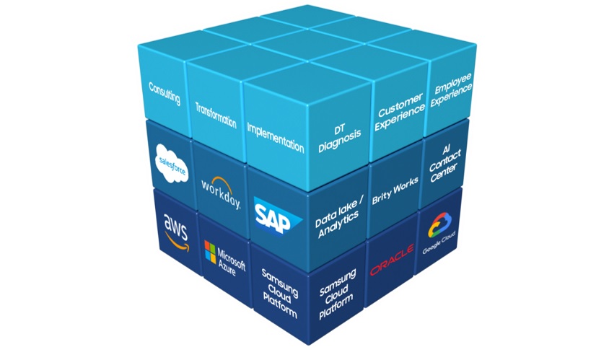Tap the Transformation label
tap(216, 115)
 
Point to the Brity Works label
tap(390, 197)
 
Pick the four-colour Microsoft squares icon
tap(211, 253)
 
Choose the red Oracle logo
tap(391, 260)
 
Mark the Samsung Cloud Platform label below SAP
tap(278, 292)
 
